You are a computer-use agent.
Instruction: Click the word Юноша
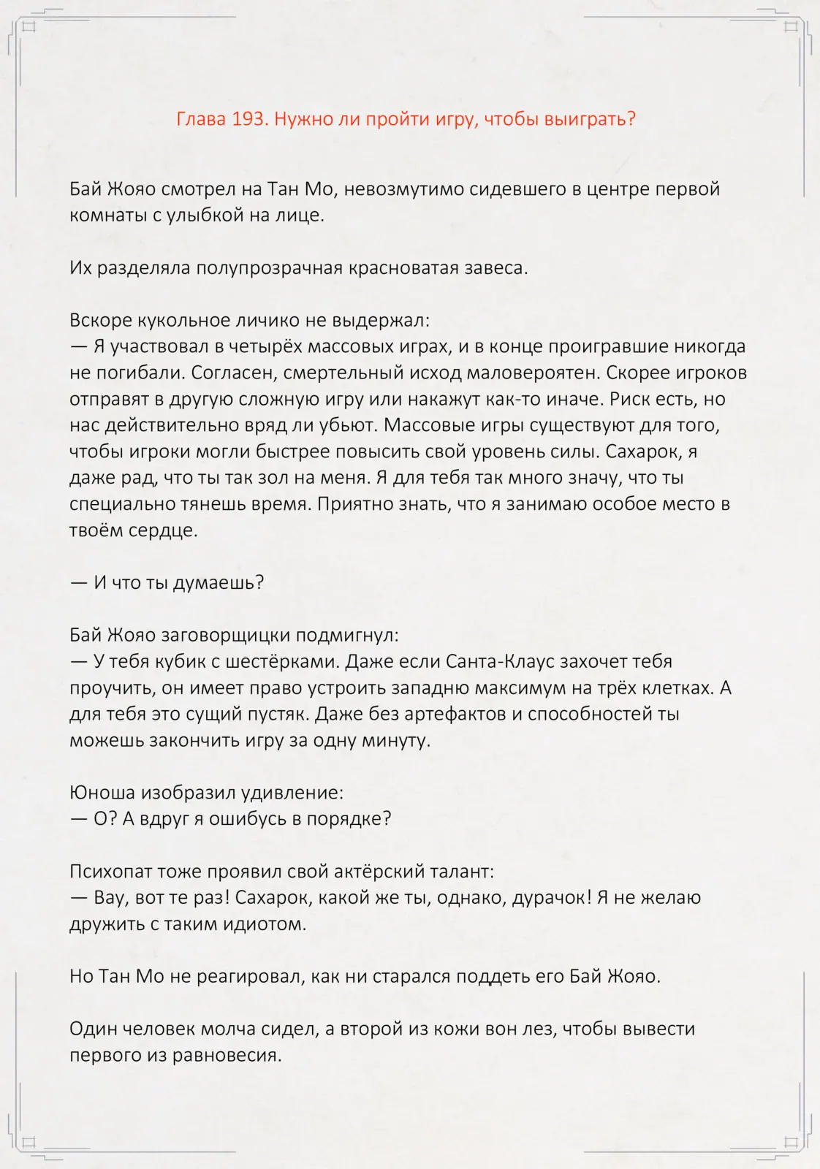pyautogui.click(x=102, y=793)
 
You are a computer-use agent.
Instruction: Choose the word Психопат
pyautogui.click(x=112, y=872)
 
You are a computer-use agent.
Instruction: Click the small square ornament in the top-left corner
pyautogui.click(x=29, y=28)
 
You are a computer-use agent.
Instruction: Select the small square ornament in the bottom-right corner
pyautogui.click(x=790, y=1142)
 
